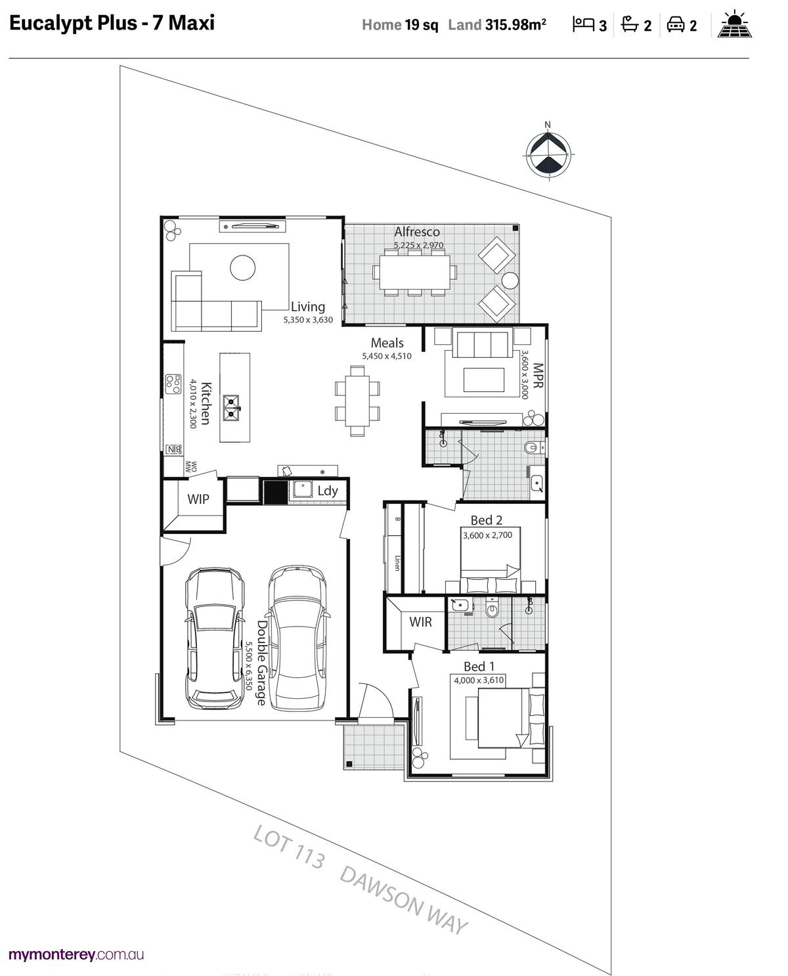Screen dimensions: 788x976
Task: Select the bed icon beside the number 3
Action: tap(583, 24)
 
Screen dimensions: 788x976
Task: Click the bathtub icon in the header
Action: tap(630, 24)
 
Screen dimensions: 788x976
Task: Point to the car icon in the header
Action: tap(675, 24)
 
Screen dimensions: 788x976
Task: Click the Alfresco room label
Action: tap(417, 232)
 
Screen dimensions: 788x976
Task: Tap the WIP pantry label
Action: tap(198, 499)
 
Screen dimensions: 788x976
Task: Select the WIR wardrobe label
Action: tap(420, 622)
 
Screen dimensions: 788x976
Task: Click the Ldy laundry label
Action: tap(328, 491)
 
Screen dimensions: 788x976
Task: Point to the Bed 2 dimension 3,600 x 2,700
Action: tap(487, 535)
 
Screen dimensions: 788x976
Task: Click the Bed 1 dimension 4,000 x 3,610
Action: tap(479, 680)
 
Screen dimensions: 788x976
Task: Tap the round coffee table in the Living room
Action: tap(242, 267)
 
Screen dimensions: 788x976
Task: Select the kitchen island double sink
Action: tap(231, 408)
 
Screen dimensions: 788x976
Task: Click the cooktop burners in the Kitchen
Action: tap(173, 384)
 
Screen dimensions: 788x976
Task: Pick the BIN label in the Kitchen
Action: tap(173, 449)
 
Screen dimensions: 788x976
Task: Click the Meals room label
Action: tap(387, 343)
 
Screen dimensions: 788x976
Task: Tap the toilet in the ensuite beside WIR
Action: tap(492, 609)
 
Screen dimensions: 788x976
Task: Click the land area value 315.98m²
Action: tap(515, 25)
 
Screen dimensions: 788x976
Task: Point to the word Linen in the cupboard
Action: tap(397, 563)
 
